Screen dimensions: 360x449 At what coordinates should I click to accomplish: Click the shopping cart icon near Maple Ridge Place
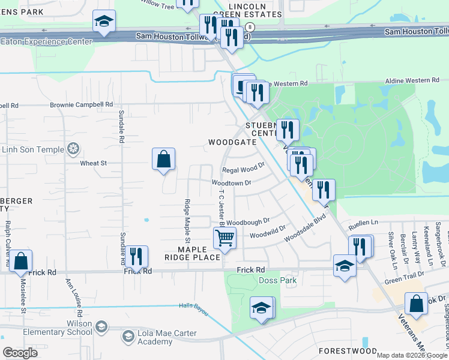click(x=224, y=238)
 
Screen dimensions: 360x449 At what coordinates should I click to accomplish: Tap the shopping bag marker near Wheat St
click(x=163, y=160)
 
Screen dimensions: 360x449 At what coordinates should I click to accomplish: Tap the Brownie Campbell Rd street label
click(x=82, y=104)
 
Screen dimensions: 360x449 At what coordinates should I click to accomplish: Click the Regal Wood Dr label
click(x=244, y=167)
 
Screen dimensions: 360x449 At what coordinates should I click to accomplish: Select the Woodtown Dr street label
click(x=231, y=182)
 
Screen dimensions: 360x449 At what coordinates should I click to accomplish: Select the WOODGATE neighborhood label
click(x=232, y=142)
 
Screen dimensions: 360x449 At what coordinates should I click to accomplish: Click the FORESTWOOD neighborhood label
click(x=348, y=350)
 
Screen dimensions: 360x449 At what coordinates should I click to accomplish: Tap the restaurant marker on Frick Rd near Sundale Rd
click(x=136, y=257)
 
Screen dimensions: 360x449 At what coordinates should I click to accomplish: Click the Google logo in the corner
click(x=20, y=353)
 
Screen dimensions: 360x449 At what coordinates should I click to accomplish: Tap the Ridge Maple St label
click(x=188, y=222)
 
